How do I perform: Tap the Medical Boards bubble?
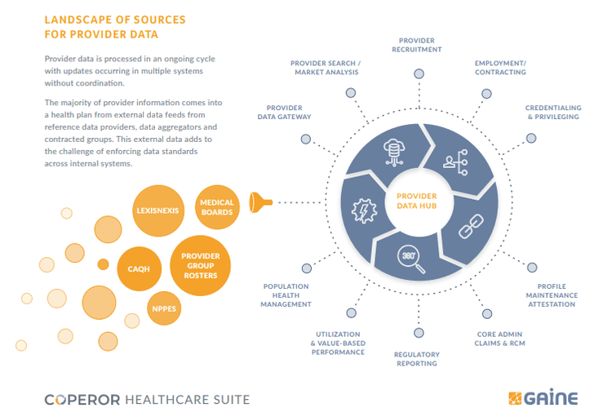tap(216, 207)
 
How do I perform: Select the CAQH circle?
tap(139, 268)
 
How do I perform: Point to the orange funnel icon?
tap(261, 201)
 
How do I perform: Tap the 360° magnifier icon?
tap(407, 258)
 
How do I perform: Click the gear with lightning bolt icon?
tap(361, 210)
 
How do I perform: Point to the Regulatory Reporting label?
tap(416, 359)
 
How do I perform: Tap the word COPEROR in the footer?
tap(82, 399)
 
